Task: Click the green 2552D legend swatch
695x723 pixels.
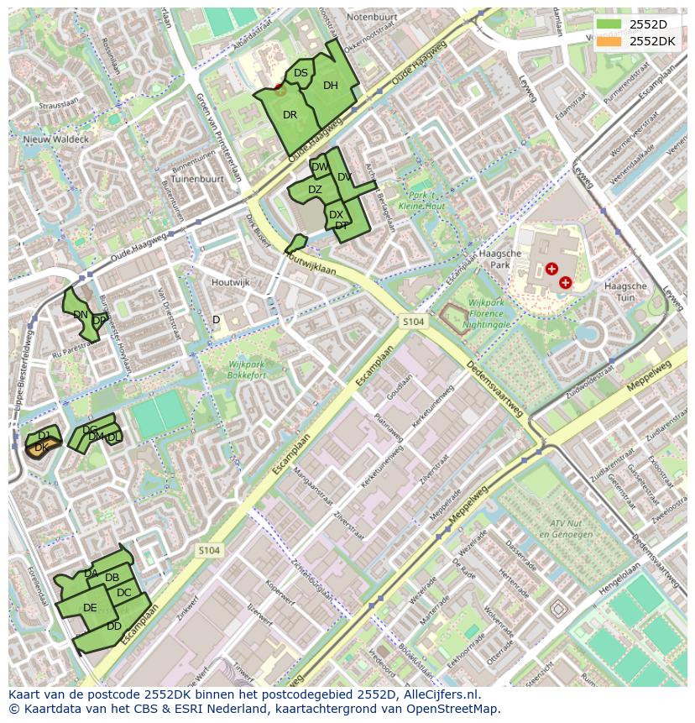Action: [x=609, y=24]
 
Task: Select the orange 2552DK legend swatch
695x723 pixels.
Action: [x=609, y=40]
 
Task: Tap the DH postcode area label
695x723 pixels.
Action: [x=331, y=86]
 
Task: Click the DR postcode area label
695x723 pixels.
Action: [x=290, y=115]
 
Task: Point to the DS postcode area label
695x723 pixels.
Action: [x=300, y=74]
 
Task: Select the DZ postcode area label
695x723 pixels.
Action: [x=315, y=190]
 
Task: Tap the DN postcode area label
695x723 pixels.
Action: [x=81, y=315]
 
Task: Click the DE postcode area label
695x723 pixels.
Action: [x=90, y=608]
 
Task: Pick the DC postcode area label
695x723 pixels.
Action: [x=124, y=593]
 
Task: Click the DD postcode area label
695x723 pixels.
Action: [x=114, y=626]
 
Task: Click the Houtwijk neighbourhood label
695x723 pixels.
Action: [x=231, y=283]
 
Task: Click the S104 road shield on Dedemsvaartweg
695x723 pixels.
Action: [x=412, y=322]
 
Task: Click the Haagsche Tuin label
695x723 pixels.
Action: [x=625, y=291]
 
